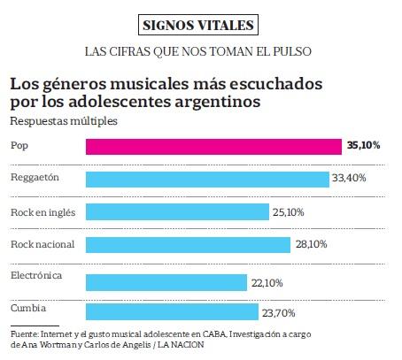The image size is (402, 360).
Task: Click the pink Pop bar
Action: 213,147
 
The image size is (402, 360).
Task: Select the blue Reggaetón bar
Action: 206,180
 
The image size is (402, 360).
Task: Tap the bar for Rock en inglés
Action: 176,212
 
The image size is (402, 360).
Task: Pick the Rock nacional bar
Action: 187,244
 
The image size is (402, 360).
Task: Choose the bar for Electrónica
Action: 166,281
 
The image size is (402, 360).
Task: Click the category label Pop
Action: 18,143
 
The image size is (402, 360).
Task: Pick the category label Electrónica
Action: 35,275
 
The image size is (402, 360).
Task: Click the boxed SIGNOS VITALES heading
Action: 201,24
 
